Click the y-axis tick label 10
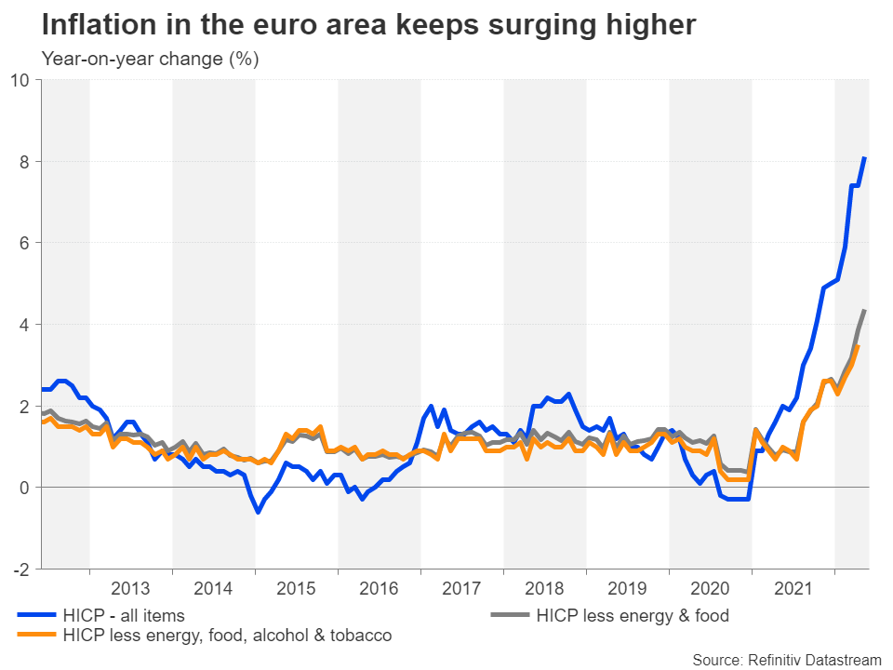coord(20,80)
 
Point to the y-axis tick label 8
coord(25,162)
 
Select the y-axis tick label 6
coord(25,243)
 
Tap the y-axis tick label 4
coord(25,325)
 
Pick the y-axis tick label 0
coord(25,488)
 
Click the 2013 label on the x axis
coord(130,588)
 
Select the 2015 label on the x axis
coord(296,588)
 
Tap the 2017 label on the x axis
coord(461,588)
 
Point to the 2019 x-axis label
coord(627,588)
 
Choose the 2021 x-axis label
coord(793,588)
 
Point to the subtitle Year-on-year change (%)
coord(150,59)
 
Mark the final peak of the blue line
coord(865,158)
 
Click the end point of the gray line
coord(865,311)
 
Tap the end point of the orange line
coord(857,347)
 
